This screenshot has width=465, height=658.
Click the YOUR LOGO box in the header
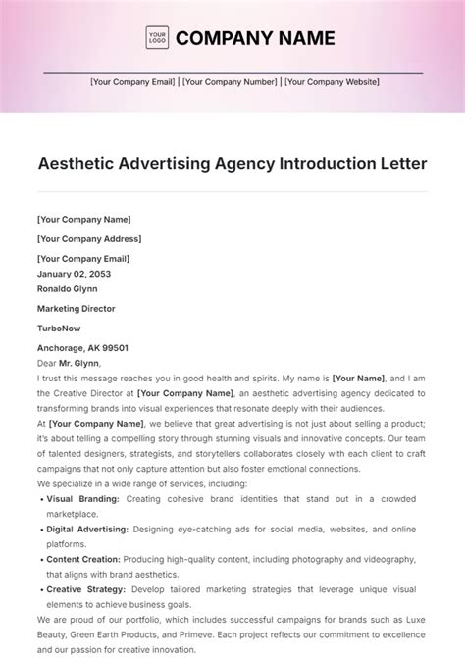click(x=157, y=38)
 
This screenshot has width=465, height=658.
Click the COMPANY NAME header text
click(x=254, y=39)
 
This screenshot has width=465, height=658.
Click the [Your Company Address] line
click(x=89, y=238)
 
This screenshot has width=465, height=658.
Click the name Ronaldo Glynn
click(x=68, y=288)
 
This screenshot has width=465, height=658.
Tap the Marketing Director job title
click(x=76, y=309)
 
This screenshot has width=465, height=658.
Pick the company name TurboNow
click(x=58, y=329)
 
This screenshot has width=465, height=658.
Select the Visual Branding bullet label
click(x=83, y=499)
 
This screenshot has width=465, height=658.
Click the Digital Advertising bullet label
click(x=87, y=530)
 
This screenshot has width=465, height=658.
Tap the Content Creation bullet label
click(x=83, y=559)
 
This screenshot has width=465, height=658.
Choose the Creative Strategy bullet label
click(x=85, y=589)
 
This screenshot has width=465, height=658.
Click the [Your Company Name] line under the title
click(x=83, y=220)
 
